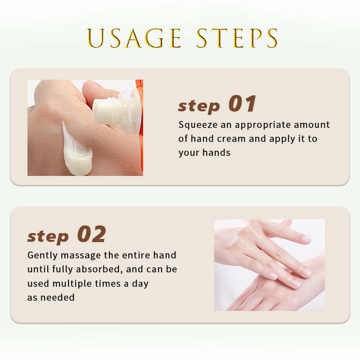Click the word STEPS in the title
[237, 38]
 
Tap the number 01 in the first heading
[243, 104]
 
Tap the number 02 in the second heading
[92, 234]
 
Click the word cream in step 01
[234, 139]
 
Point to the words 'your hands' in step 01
[204, 153]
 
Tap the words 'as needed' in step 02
[51, 297]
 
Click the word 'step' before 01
[199, 106]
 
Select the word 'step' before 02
[48, 236]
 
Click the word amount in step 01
[315, 125]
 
